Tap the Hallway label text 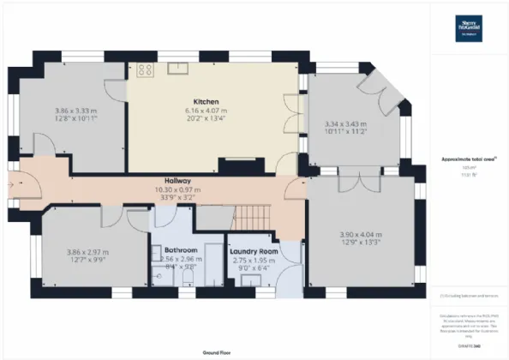177,181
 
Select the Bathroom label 180,250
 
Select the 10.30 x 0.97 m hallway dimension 177,189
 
